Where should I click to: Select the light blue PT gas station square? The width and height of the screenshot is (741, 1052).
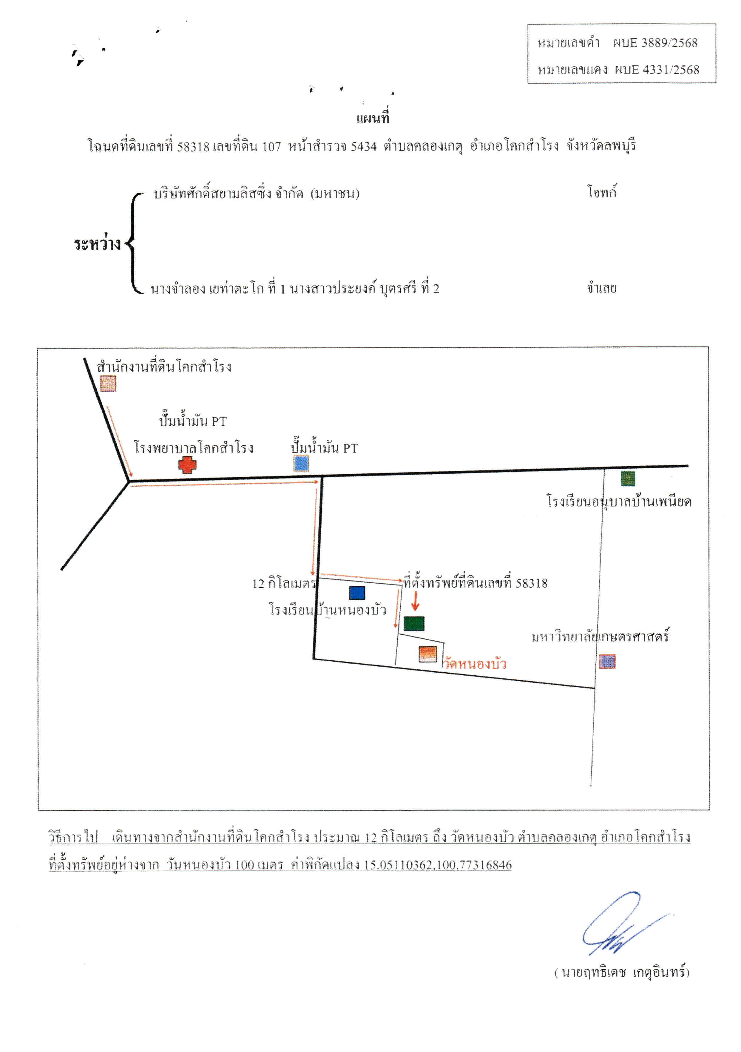(301, 463)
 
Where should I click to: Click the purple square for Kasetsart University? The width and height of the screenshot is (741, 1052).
(607, 661)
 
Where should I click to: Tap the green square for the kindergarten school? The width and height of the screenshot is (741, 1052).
(628, 478)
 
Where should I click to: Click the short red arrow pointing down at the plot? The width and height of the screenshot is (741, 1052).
(415, 601)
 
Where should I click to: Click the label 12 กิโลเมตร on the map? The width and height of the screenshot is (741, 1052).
(284, 583)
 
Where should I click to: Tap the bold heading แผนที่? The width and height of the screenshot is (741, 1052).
(373, 118)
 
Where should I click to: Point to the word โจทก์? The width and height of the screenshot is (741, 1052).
(602, 191)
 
